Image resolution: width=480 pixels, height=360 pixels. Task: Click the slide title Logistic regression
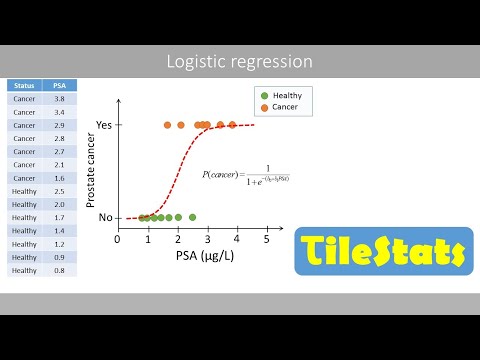(x=240, y=62)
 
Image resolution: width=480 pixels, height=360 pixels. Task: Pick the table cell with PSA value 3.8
(x=59, y=99)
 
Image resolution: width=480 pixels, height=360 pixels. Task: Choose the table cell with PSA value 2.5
(x=59, y=190)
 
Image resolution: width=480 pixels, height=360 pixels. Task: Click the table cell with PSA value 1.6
(x=59, y=177)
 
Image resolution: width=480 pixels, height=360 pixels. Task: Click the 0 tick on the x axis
(x=118, y=238)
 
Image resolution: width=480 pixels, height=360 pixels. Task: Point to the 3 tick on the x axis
(x=207, y=238)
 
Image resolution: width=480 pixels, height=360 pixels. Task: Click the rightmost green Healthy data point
(x=192, y=217)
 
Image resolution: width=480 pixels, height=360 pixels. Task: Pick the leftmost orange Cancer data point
(x=166, y=125)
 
